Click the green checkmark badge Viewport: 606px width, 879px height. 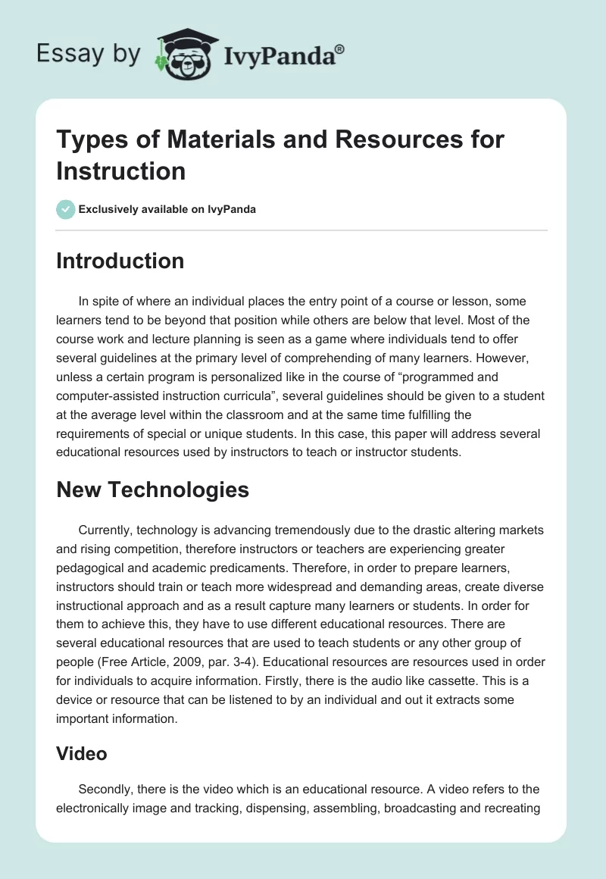[x=66, y=209]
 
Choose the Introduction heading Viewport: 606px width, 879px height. [x=120, y=261]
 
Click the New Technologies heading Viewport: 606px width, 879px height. [x=152, y=490]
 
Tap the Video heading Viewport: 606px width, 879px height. [x=81, y=753]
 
